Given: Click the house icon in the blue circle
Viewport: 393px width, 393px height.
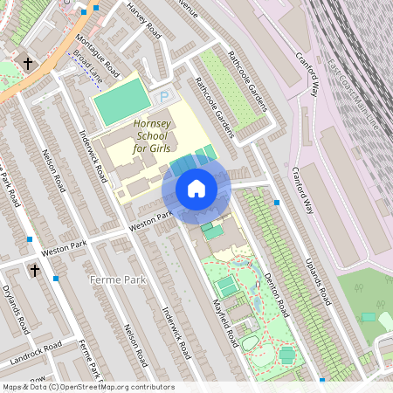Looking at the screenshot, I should click(x=196, y=189).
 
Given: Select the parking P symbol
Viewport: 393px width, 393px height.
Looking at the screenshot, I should click(x=163, y=98).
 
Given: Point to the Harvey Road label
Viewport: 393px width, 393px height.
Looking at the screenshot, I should click(x=145, y=19).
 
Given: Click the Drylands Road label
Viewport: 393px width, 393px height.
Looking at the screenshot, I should click(x=17, y=309).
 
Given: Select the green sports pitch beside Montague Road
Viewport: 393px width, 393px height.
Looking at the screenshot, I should click(x=117, y=101).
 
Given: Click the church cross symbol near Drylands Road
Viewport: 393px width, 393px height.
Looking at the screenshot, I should click(x=35, y=270).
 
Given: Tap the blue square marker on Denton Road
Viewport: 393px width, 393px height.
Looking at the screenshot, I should click(x=277, y=203).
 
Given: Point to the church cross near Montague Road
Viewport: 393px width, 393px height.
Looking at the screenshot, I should click(x=29, y=63).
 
